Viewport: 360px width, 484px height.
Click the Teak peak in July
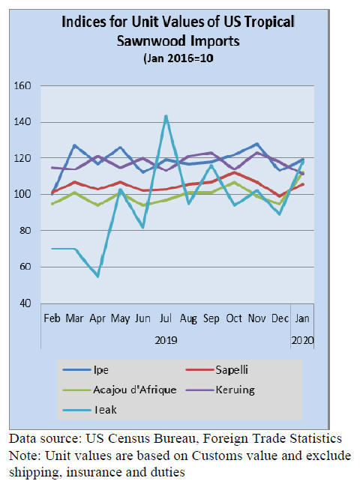[166, 116]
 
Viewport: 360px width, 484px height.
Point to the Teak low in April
[98, 276]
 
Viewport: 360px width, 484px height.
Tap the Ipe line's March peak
[74, 145]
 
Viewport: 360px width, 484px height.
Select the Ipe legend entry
[85, 370]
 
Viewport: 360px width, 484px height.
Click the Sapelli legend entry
[217, 370]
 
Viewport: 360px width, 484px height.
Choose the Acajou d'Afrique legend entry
[119, 390]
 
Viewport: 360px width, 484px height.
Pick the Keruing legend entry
[220, 390]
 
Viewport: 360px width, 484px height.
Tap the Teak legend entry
[90, 410]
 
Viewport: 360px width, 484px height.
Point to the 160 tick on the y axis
[22, 86]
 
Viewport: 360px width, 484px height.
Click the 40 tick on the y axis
[25, 303]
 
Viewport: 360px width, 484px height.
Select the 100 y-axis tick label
[22, 195]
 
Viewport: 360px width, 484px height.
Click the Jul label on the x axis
[166, 318]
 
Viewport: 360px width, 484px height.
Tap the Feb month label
[52, 318]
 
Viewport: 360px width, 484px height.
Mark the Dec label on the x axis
[280, 318]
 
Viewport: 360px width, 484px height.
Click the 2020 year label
[302, 340]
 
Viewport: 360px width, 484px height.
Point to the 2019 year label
[166, 340]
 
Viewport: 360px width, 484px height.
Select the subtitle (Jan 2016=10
[178, 58]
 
